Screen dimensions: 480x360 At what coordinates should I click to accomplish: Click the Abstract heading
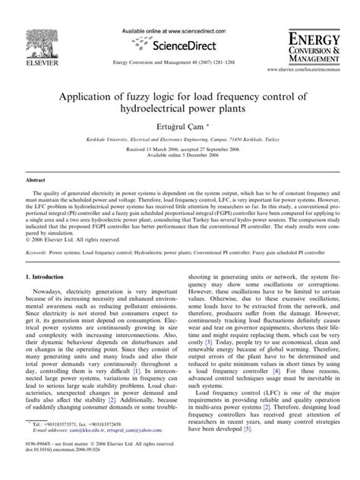36,180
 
